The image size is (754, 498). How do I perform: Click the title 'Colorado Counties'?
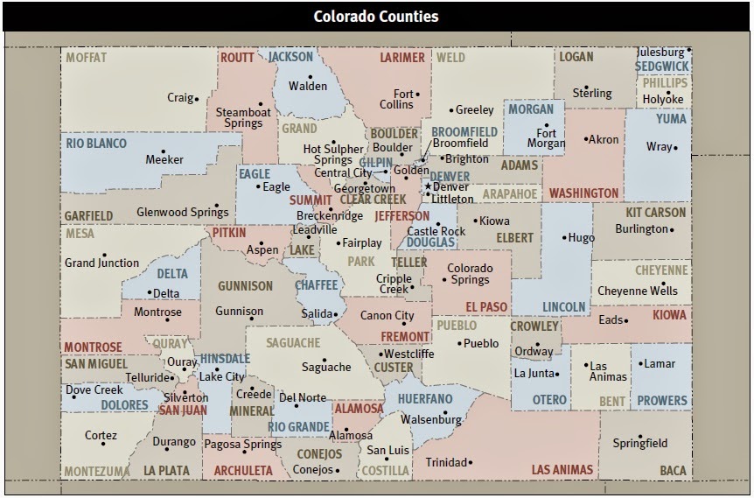pyautogui.click(x=376, y=17)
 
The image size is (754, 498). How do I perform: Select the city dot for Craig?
pyautogui.click(x=197, y=98)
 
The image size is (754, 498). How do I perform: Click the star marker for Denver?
pyautogui.click(x=428, y=186)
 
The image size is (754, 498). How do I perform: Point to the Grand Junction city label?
pyautogui.click(x=101, y=263)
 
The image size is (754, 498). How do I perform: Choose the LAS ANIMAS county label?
pyautogui.click(x=563, y=470)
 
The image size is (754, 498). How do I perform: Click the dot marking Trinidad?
pyautogui.click(x=471, y=462)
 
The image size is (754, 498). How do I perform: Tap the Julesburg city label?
pyautogui.click(x=660, y=52)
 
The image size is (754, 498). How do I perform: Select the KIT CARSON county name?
pyautogui.click(x=656, y=213)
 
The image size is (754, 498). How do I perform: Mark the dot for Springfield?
pyautogui.click(x=640, y=436)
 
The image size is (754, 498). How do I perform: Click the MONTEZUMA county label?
pyautogui.click(x=96, y=471)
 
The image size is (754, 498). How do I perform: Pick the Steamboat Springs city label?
pyautogui.click(x=239, y=117)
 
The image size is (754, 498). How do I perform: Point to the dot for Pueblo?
pyautogui.click(x=458, y=343)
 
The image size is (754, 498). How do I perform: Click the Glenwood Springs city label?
pyautogui.click(x=182, y=212)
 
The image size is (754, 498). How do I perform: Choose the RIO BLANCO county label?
pyautogui.click(x=95, y=143)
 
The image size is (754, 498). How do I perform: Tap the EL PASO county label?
pyautogui.click(x=487, y=306)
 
